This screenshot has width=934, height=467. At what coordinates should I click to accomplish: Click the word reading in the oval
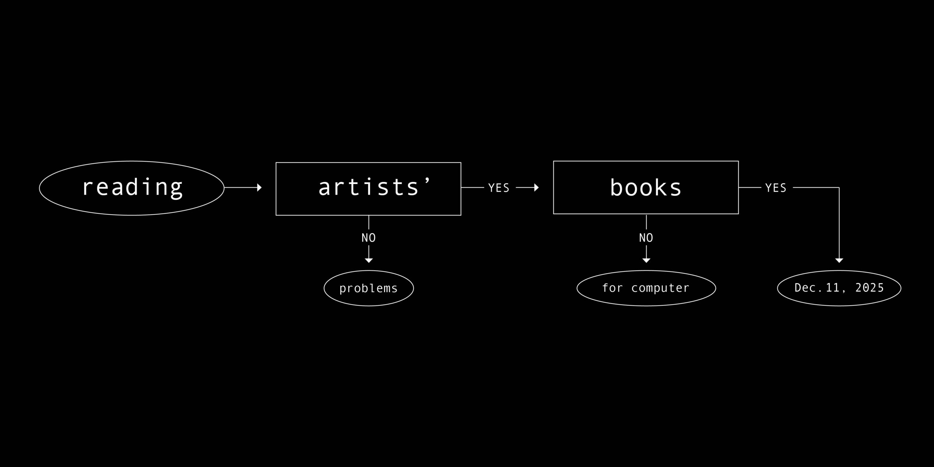click(x=132, y=188)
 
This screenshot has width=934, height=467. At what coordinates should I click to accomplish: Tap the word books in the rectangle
click(x=646, y=188)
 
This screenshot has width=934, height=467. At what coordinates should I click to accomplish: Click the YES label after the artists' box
click(x=499, y=188)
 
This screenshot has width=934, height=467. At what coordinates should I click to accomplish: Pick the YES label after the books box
click(x=776, y=188)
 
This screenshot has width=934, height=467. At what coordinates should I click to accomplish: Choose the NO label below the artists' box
click(x=368, y=238)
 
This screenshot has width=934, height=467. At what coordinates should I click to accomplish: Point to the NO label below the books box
click(x=646, y=238)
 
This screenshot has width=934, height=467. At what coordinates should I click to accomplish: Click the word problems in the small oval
click(x=368, y=289)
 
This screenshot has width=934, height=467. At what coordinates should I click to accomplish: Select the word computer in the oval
click(x=660, y=288)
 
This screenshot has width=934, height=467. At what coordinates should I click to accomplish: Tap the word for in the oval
click(x=612, y=288)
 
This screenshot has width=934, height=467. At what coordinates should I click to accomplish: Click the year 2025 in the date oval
click(x=870, y=288)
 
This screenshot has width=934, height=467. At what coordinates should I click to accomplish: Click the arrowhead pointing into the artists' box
click(x=259, y=188)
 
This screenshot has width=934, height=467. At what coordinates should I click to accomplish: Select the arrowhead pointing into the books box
click(x=536, y=188)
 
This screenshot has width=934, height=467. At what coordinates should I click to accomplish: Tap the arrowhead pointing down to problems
click(x=368, y=260)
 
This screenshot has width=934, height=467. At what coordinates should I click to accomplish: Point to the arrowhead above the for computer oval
click(x=646, y=260)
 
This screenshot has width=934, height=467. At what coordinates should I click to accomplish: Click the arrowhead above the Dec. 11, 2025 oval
click(x=839, y=260)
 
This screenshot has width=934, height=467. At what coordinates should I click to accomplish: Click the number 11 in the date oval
click(x=833, y=288)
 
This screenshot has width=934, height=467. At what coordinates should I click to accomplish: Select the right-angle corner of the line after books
click(x=839, y=188)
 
